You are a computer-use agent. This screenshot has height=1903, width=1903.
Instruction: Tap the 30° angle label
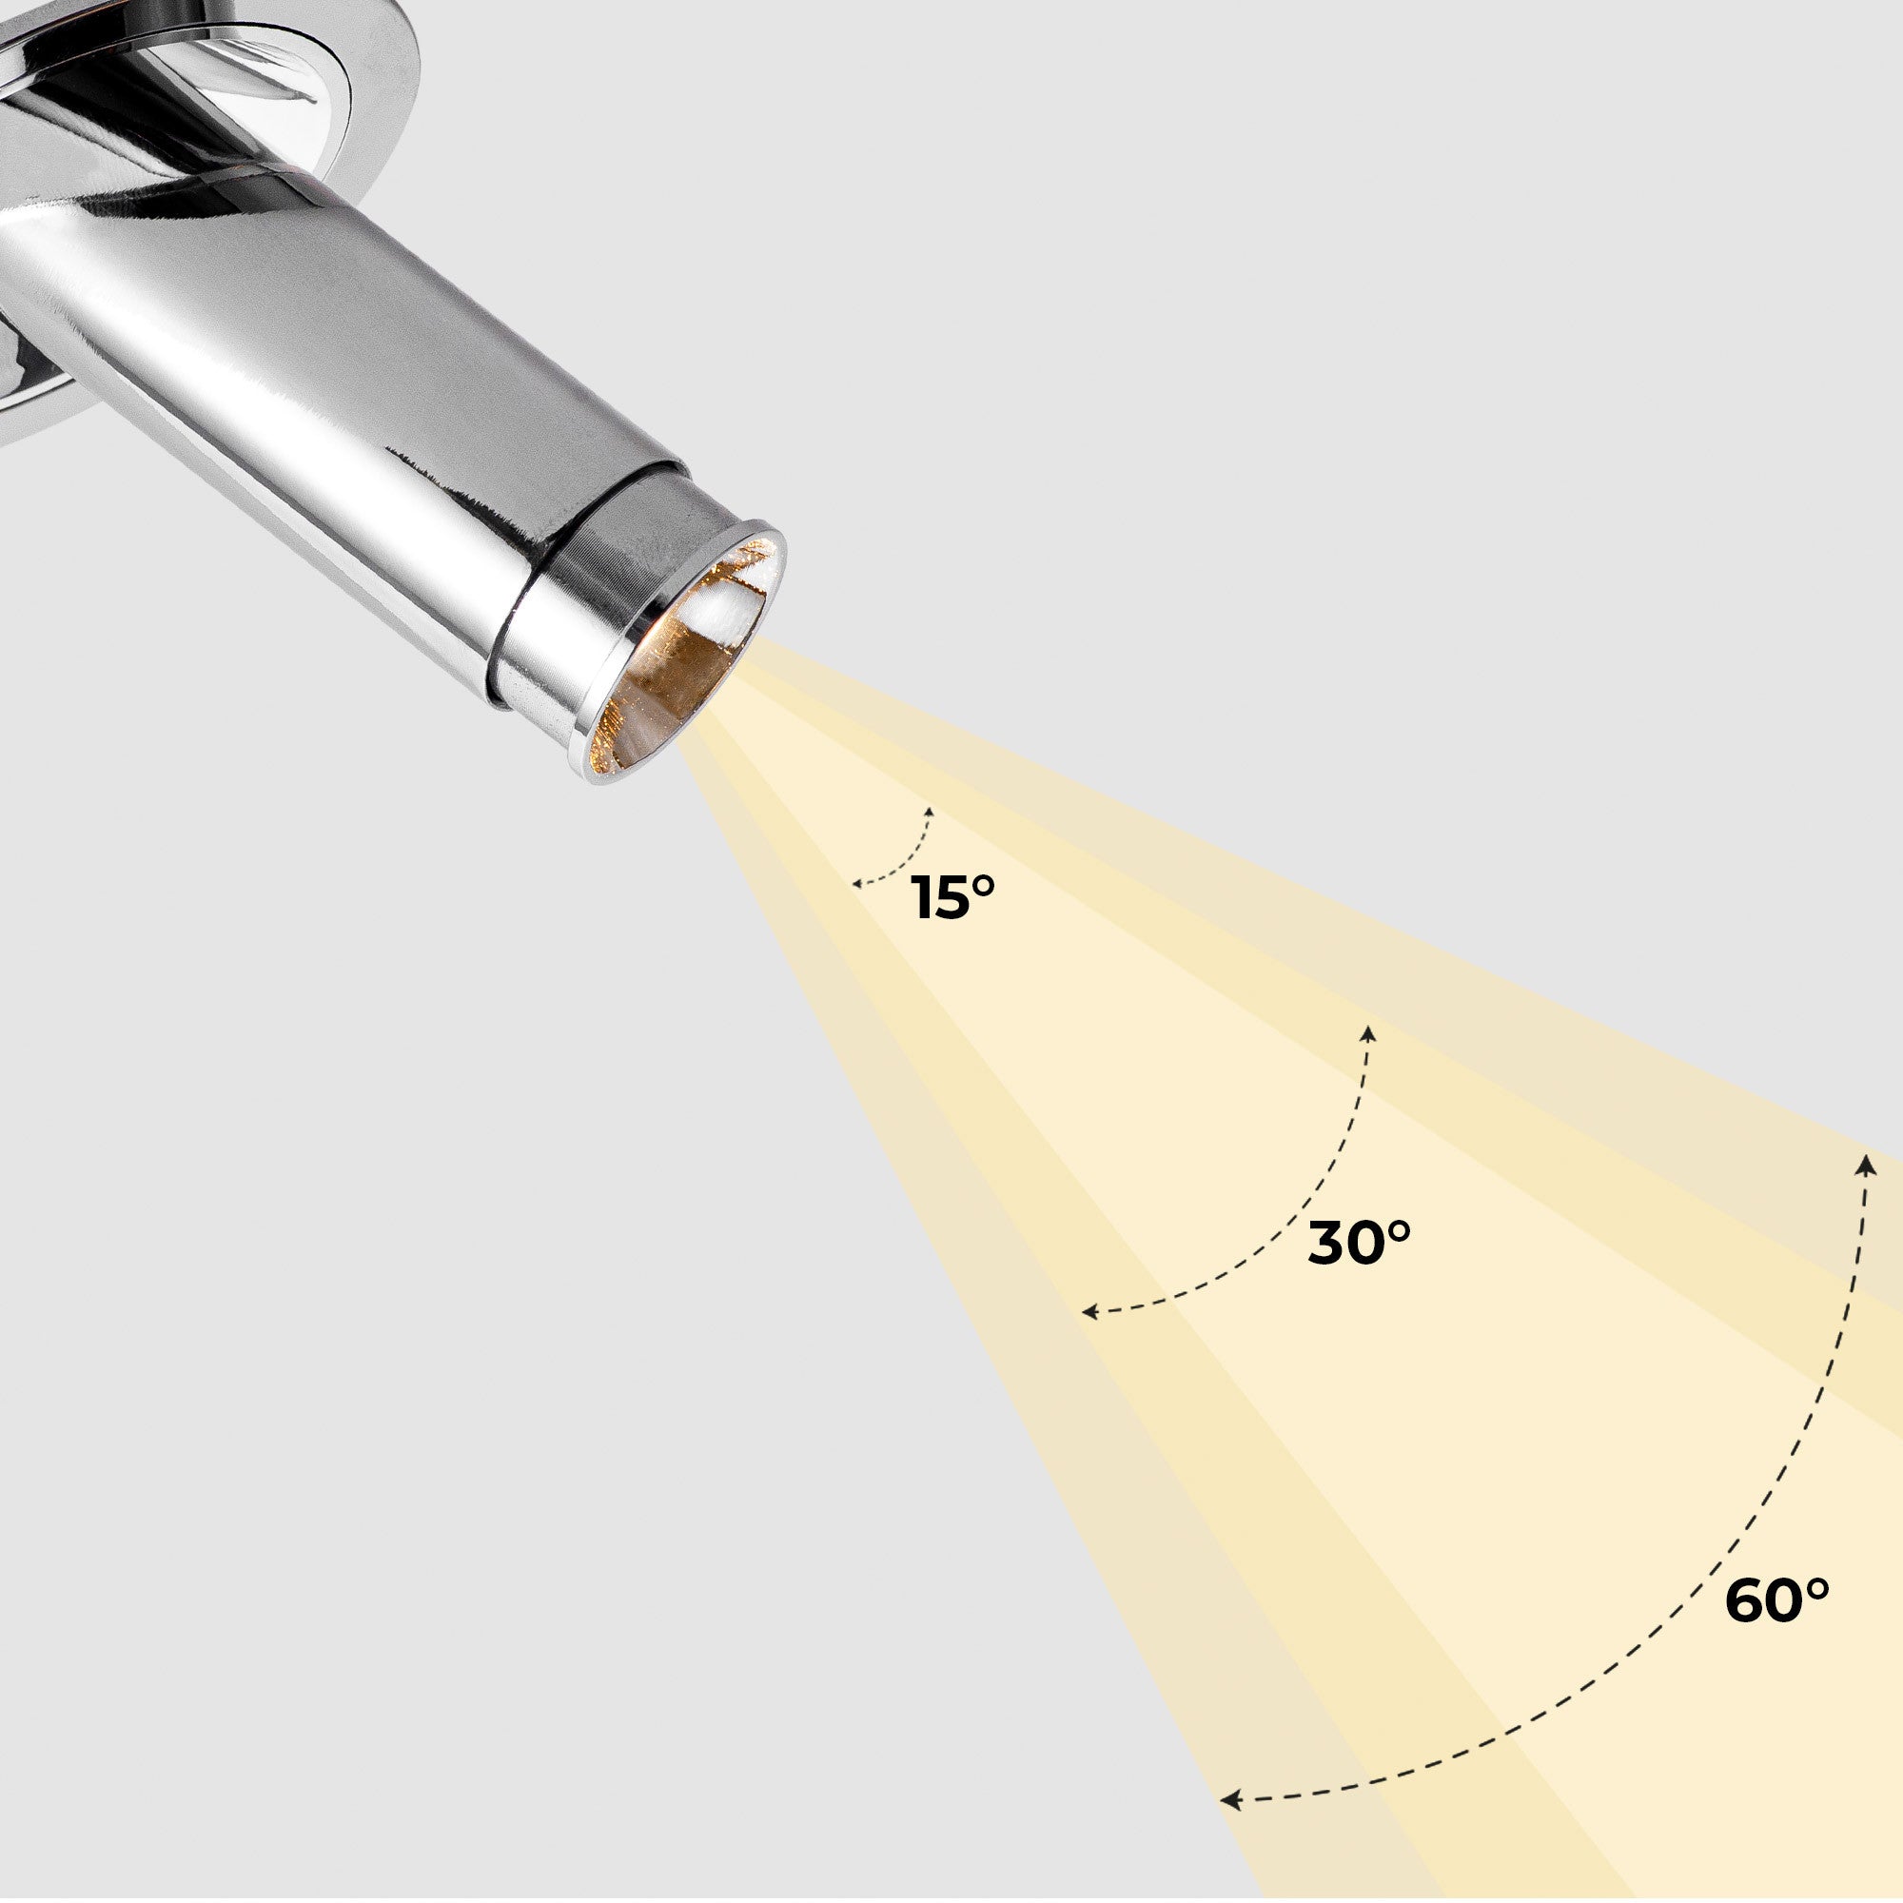tap(1359, 1243)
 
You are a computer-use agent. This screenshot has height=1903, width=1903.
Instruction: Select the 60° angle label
tap(1775, 1600)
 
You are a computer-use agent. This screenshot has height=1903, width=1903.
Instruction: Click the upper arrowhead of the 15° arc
tap(929, 812)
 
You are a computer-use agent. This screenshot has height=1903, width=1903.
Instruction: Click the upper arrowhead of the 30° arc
tap(1367, 1032)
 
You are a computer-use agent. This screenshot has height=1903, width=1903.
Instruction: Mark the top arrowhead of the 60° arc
tap(1865, 1165)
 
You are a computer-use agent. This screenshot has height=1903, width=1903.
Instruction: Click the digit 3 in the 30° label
tap(1331, 1244)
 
